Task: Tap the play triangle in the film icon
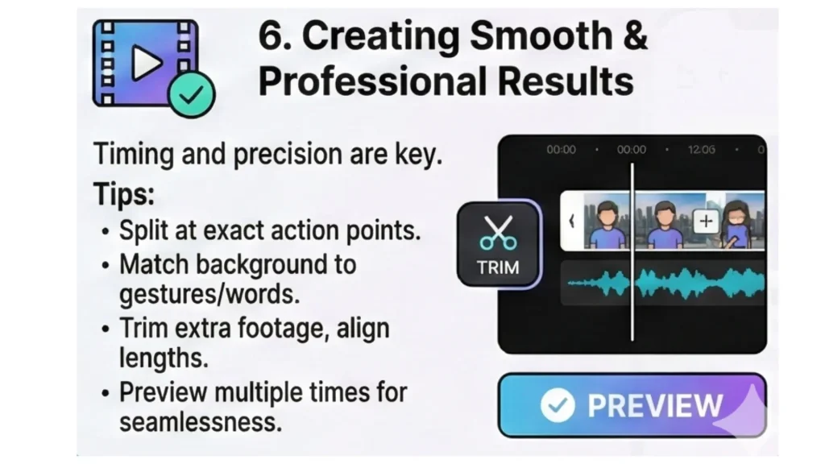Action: (146, 63)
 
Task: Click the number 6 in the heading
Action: (271, 37)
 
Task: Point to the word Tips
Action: (123, 194)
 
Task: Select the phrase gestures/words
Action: (209, 294)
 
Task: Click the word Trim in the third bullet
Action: (142, 328)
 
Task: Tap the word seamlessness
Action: (201, 421)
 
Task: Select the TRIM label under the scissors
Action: (498, 267)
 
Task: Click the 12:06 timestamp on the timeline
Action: (701, 150)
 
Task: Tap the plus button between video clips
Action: (706, 221)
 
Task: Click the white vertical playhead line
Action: (632, 306)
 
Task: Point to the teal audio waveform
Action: (669, 284)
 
